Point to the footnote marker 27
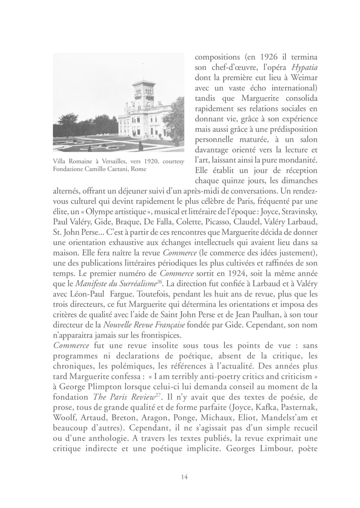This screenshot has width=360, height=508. [x=159, y=395]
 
